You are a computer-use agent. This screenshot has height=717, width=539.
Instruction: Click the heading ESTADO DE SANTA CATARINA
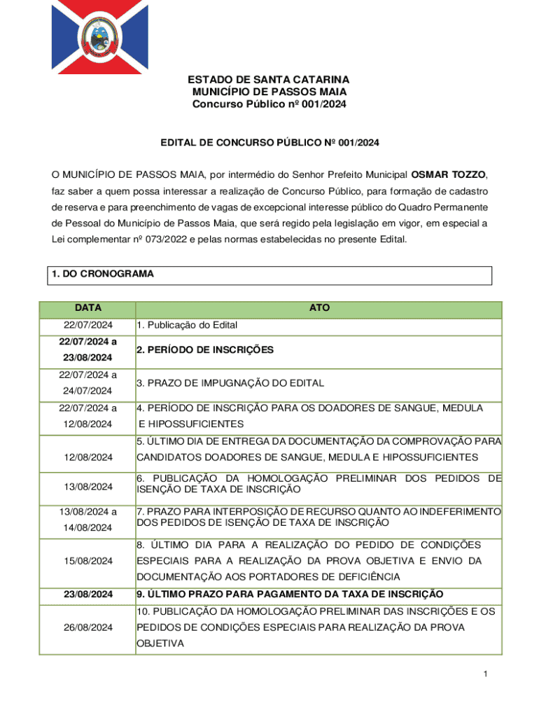(x=269, y=80)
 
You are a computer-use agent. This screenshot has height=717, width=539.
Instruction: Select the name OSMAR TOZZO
(x=447, y=174)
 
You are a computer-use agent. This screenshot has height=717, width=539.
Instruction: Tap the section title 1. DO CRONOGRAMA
(x=102, y=275)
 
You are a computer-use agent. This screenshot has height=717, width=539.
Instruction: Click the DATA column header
(x=88, y=308)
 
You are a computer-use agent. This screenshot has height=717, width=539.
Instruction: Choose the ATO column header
(x=318, y=308)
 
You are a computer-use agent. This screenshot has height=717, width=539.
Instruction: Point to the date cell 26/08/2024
(x=88, y=627)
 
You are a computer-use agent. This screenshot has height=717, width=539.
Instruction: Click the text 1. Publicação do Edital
(x=187, y=325)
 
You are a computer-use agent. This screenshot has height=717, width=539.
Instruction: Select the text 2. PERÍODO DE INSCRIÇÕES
(x=204, y=349)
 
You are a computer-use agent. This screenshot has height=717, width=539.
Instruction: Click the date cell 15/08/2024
(x=88, y=561)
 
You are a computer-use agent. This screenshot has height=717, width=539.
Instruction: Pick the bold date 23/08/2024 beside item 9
(x=88, y=594)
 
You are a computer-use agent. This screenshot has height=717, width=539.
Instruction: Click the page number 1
(x=484, y=674)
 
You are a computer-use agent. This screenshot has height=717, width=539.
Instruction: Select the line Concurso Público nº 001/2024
(x=269, y=104)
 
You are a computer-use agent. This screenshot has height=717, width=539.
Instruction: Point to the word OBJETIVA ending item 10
(x=160, y=643)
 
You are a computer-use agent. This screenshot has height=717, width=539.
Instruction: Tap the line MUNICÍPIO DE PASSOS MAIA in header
(x=269, y=92)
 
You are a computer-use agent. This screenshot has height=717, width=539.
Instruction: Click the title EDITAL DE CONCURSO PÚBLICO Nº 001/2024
(x=269, y=143)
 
